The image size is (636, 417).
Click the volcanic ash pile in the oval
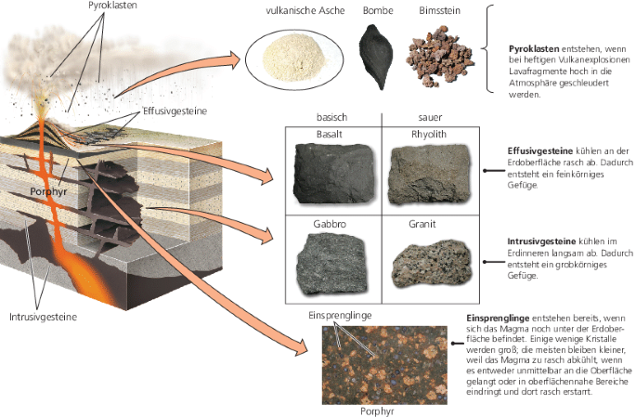coord(294,58)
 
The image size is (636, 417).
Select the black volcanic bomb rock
coord(376,57)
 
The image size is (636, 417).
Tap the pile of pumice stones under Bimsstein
coord(440,57)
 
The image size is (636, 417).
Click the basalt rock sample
coord(333,174)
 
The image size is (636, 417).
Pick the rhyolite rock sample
coord(430,175)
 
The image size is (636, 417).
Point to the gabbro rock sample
coord(331,264)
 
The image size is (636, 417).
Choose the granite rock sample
coord(432,263)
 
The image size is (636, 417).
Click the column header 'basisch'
coord(331,117)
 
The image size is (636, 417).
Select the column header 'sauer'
coord(430,118)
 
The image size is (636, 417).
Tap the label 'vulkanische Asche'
coord(305,10)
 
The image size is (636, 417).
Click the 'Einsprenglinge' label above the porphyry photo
coord(340,315)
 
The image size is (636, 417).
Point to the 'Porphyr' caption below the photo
coord(377,411)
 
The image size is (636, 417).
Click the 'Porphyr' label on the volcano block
coord(48,191)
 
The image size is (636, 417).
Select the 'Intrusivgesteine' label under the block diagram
coord(43,317)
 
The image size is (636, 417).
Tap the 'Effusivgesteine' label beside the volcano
coord(175,111)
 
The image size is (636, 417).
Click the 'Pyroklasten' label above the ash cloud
coord(112,6)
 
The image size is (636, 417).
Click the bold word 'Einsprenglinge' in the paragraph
coord(498,318)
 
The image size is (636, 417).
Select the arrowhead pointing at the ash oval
coord(233,61)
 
